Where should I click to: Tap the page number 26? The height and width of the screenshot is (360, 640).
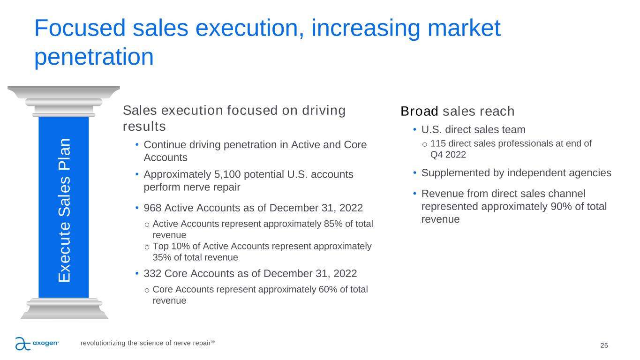[x=604, y=345]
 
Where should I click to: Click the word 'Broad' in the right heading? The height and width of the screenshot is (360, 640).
[x=419, y=112]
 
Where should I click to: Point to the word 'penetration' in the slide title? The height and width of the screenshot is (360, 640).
[x=94, y=57]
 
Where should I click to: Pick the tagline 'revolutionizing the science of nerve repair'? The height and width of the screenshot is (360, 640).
[x=147, y=343]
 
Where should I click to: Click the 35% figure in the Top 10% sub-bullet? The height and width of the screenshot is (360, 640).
[x=162, y=257]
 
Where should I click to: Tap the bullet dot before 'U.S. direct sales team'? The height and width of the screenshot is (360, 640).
[x=414, y=130]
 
